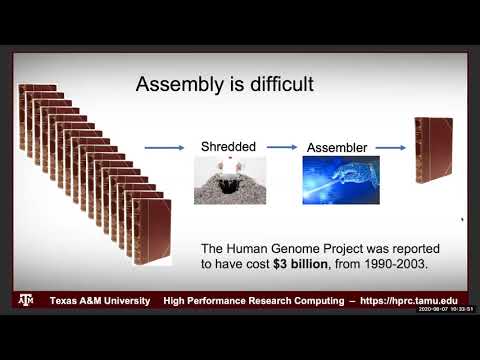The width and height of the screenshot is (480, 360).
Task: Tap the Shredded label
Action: (x=229, y=146)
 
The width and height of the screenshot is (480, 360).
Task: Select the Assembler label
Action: (x=336, y=147)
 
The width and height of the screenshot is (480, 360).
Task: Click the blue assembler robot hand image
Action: (x=335, y=181)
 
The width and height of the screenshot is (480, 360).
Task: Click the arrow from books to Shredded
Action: (x=164, y=149)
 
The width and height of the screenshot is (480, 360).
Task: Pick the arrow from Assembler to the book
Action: (x=389, y=149)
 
